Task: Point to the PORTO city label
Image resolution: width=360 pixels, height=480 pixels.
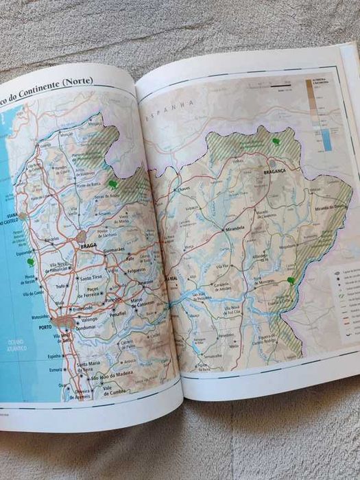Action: click(45, 327)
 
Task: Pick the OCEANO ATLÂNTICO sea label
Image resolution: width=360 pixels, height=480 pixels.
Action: click(14, 346)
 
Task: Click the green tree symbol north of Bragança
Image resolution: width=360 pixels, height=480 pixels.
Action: click(275, 142)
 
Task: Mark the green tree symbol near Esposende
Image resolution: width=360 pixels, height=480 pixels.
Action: click(29, 261)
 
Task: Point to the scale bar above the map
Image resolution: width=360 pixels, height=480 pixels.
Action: click(276, 87)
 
